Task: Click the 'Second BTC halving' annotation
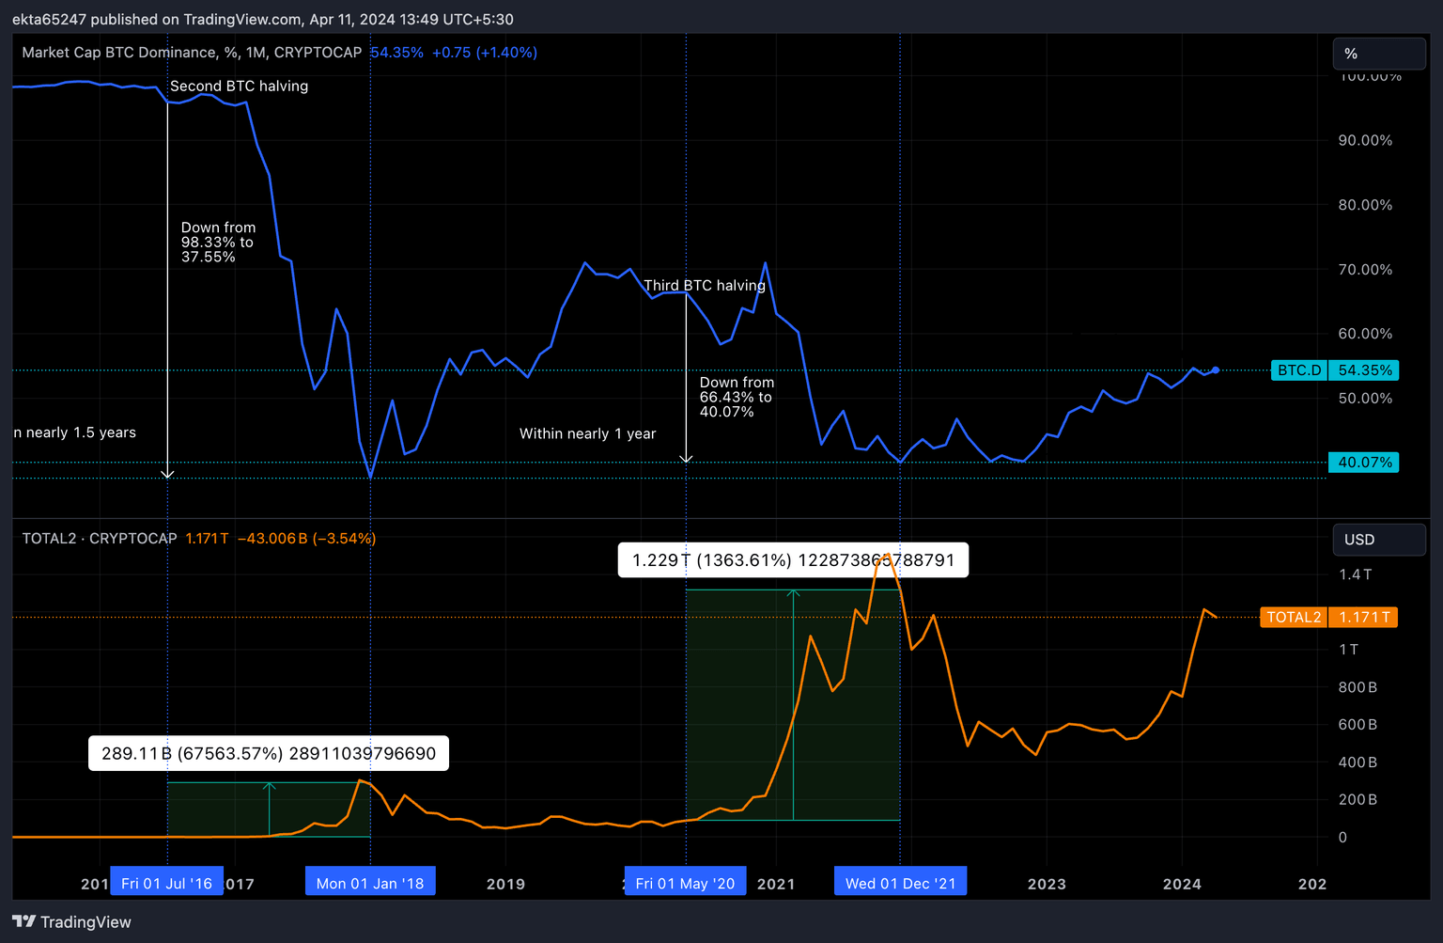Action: tap(239, 86)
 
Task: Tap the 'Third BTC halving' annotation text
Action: tap(705, 286)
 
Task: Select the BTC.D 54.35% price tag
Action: tap(1334, 370)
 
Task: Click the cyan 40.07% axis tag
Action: tap(1363, 463)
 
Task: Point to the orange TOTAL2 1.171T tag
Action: tap(1328, 618)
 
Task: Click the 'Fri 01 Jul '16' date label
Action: tap(166, 883)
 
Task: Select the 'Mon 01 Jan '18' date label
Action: tap(370, 883)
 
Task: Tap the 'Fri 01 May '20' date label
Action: tap(685, 883)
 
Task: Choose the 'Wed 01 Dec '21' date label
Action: tap(900, 883)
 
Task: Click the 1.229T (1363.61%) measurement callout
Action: tap(793, 560)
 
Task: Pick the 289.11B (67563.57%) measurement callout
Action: tap(269, 754)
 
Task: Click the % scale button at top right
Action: tap(1378, 54)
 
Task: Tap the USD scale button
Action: tap(1378, 540)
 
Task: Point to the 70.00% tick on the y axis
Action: tap(1365, 270)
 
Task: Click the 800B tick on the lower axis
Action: tap(1358, 687)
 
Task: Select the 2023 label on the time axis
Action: tap(1047, 884)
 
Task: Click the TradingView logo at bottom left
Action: tap(72, 921)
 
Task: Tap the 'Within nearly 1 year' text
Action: tap(588, 434)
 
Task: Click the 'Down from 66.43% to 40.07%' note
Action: tap(737, 397)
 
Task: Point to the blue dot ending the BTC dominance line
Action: tap(1216, 370)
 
